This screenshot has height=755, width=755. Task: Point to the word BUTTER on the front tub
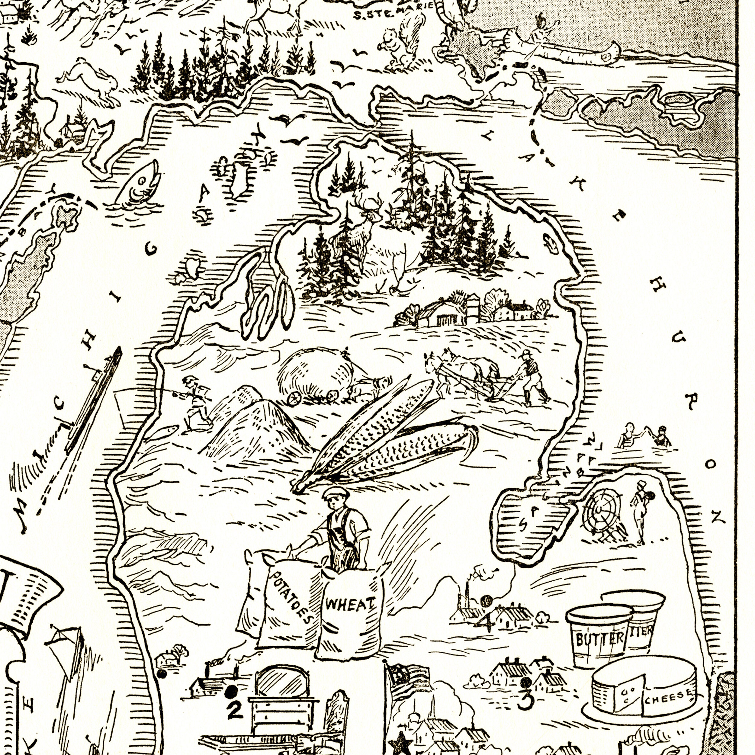(x=599, y=639)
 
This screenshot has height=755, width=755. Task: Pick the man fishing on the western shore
(x=194, y=403)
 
